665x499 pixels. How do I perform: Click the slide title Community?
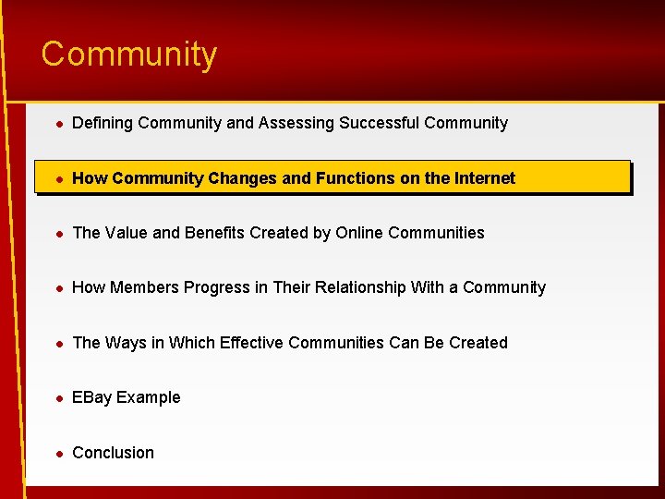coord(129,55)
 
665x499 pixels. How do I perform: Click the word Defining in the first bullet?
coord(103,123)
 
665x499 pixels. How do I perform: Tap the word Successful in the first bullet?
coord(380,123)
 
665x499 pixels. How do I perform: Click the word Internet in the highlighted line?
coord(484,178)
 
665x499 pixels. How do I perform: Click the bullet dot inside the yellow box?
coord(57,178)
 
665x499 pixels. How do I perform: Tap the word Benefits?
coord(216,233)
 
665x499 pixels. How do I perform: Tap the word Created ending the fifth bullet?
coord(478,343)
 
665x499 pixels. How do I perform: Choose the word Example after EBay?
coord(149,397)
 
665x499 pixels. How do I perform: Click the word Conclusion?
coord(113,453)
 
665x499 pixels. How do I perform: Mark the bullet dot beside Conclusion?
coord(57,453)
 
